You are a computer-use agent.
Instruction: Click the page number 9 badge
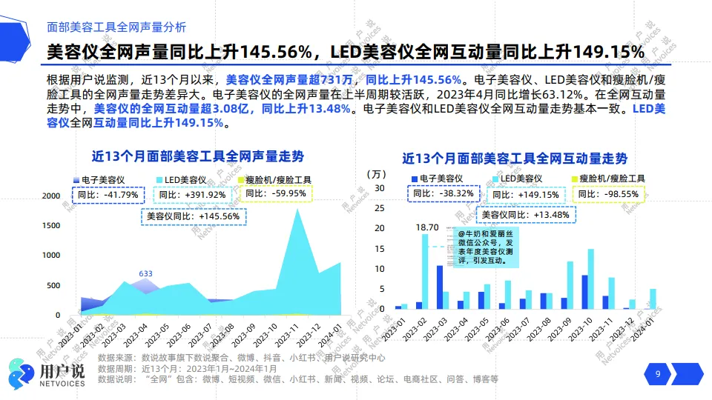(657, 374)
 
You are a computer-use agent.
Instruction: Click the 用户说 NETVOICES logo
(46, 373)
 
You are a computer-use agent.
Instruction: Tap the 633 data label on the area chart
(145, 273)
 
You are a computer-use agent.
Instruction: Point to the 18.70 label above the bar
(427, 227)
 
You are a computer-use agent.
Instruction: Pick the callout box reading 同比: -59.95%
(275, 193)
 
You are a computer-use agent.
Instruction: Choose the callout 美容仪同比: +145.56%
(194, 216)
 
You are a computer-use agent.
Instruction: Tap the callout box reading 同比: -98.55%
(609, 193)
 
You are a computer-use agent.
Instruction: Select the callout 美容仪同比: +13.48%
(526, 215)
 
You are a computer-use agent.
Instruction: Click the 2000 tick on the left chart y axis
(51, 196)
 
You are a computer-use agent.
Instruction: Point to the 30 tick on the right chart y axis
(379, 188)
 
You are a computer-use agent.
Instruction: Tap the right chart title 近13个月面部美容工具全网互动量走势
(515, 159)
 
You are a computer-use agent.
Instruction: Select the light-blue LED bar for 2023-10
(591, 279)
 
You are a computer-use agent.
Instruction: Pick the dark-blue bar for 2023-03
(440, 287)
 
